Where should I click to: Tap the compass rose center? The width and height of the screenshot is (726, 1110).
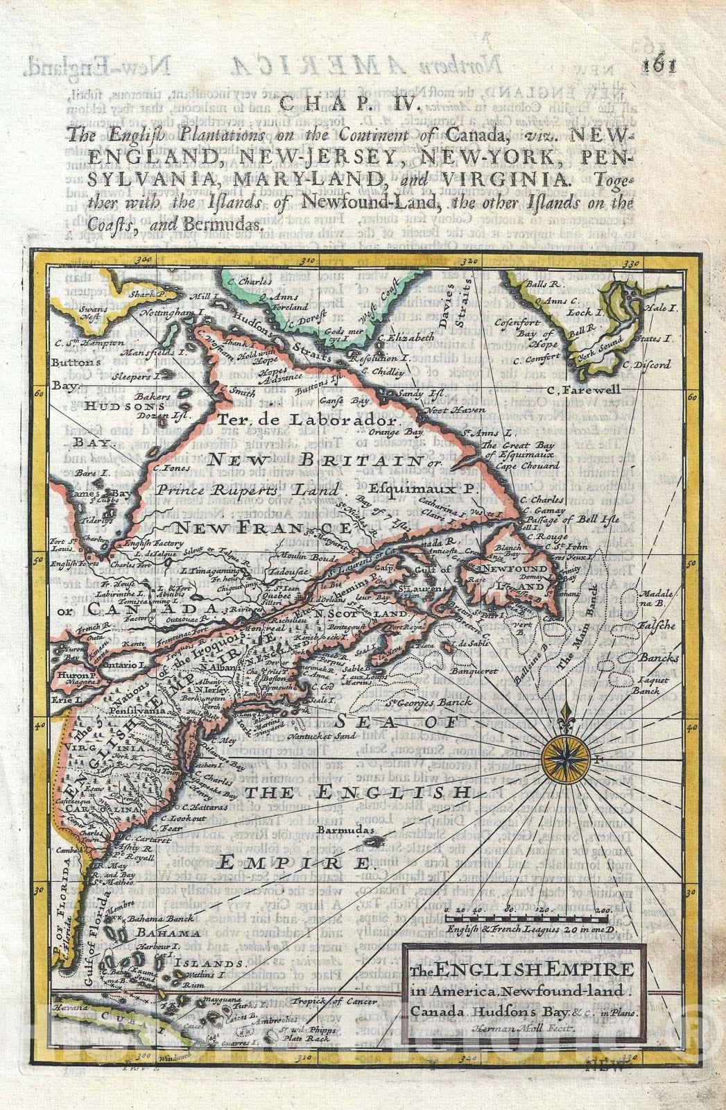point(568,761)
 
